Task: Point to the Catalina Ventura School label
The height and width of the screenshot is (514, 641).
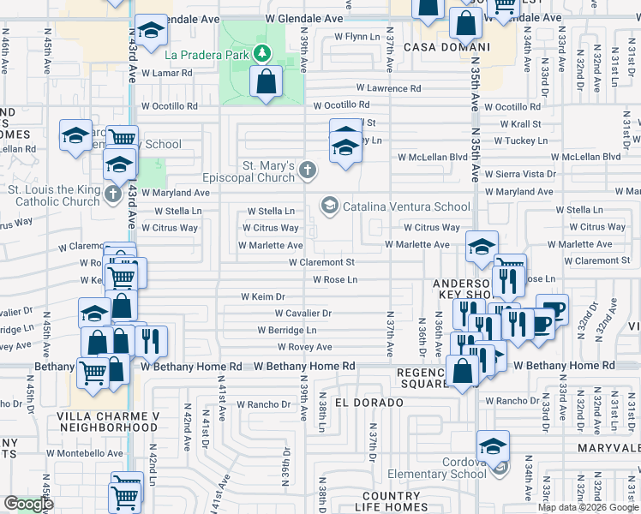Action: pyautogui.click(x=406, y=206)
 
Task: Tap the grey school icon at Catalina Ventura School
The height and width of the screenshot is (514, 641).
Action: pyautogui.click(x=329, y=205)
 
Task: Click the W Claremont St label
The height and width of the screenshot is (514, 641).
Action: pyautogui.click(x=321, y=262)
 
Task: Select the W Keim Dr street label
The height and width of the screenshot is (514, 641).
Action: pyautogui.click(x=262, y=296)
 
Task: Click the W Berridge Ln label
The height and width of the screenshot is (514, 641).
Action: pyautogui.click(x=287, y=330)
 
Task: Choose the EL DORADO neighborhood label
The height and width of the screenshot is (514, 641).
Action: pyautogui.click(x=368, y=402)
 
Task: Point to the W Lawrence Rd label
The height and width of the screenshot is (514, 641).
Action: pyautogui.click(x=389, y=88)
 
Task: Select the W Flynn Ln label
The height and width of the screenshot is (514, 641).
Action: pyautogui.click(x=356, y=37)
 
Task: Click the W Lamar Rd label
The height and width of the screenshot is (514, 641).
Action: pyautogui.click(x=167, y=73)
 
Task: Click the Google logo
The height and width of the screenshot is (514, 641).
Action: pyautogui.click(x=28, y=504)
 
